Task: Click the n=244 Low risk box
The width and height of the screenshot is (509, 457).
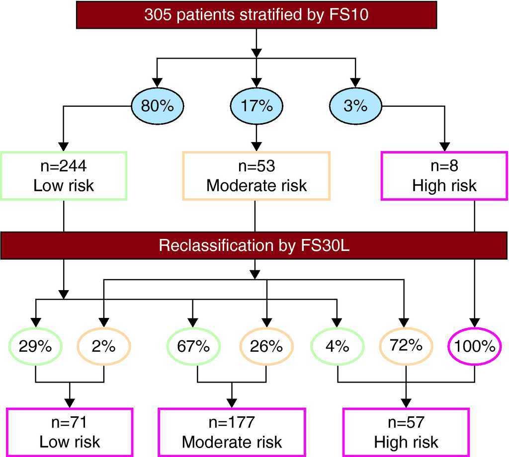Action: pyautogui.click(x=64, y=176)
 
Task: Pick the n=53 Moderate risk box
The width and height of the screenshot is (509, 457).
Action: pyautogui.click(x=256, y=176)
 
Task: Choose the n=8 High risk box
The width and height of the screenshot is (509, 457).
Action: pyautogui.click(x=444, y=176)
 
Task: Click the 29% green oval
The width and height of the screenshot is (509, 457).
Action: pyautogui.click(x=35, y=346)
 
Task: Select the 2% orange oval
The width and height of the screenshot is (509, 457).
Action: pyautogui.click(x=104, y=346)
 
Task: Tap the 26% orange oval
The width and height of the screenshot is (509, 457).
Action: pyautogui.click(x=266, y=346)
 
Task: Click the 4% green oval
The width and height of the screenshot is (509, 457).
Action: pyautogui.click(x=338, y=346)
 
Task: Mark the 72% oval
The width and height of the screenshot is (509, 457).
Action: pyautogui.click(x=406, y=345)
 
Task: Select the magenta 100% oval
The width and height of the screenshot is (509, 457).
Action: pyautogui.click(x=474, y=346)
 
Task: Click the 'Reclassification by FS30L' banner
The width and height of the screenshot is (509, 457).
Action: pyautogui.click(x=254, y=245)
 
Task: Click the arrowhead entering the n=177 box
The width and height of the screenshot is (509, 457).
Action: pyautogui.click(x=232, y=403)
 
